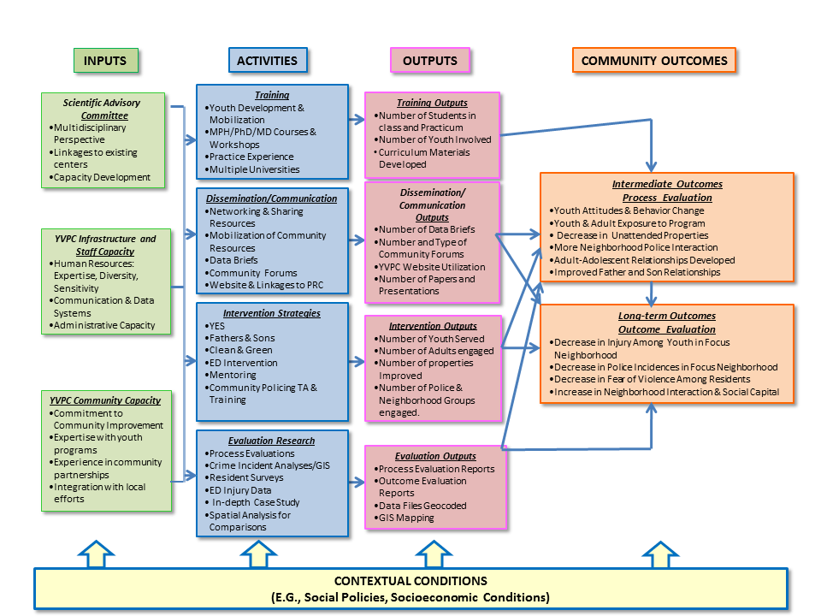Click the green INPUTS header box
105,61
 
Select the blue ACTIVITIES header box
268,61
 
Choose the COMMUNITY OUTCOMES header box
653,61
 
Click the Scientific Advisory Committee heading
102,109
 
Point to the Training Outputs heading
433,103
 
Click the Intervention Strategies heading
272,313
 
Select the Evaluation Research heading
272,441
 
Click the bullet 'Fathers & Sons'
242,339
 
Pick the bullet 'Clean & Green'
240,351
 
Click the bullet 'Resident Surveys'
247,478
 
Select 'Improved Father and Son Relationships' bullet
637,272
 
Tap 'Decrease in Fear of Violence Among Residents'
652,379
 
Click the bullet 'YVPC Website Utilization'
432,266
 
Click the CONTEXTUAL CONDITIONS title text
410,581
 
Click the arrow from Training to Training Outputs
357,121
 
